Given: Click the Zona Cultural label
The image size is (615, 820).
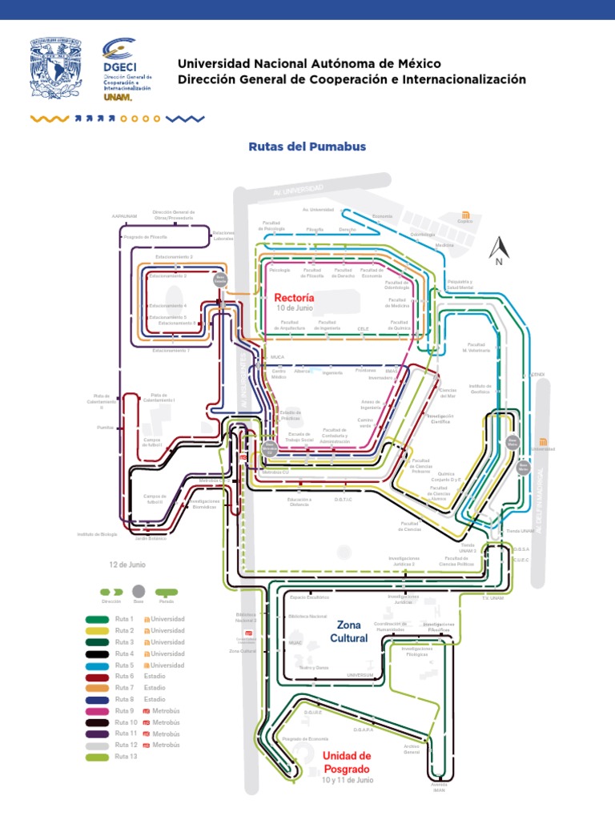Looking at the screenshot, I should coord(348,631).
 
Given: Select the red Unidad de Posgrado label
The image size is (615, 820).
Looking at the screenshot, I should coord(347,762).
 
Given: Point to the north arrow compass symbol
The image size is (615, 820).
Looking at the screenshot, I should coord(497,251).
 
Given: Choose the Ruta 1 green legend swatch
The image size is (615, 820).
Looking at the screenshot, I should coord(97,619).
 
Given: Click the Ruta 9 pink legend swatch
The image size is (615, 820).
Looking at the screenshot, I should coord(97,710).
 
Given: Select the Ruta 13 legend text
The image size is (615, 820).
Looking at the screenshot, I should coord(127,757).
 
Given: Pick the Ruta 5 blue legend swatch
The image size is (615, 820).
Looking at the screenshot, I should coord(97,665).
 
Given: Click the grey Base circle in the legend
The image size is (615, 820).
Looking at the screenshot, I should coord(139,592).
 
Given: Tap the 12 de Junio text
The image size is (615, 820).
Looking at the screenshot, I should coord(127,565).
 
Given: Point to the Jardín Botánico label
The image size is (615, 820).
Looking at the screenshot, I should coord(150,538).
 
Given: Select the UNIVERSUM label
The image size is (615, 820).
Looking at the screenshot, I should coord(360,675).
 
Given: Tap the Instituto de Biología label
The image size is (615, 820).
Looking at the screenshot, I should coord(97,533).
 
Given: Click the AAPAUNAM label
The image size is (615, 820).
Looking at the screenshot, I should coord(125,216).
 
